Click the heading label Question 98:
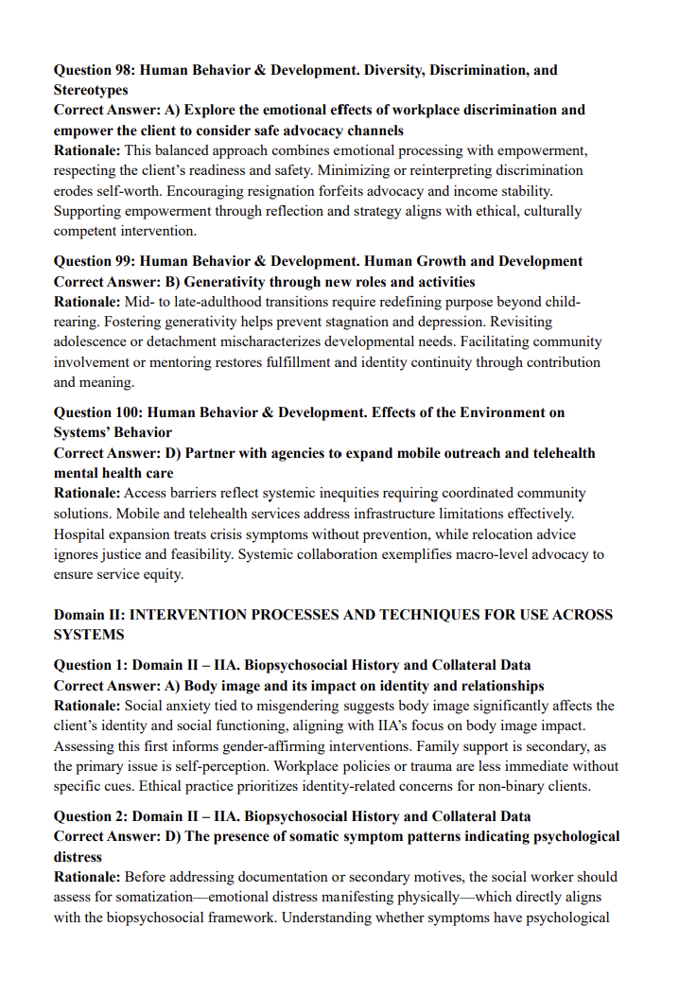pos(96,70)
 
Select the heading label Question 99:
pos(96,261)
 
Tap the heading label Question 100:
pos(100,412)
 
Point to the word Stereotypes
pos(91,90)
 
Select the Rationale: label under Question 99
pos(87,302)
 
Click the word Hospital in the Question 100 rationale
pos(79,534)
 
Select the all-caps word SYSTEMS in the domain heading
pos(89,635)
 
